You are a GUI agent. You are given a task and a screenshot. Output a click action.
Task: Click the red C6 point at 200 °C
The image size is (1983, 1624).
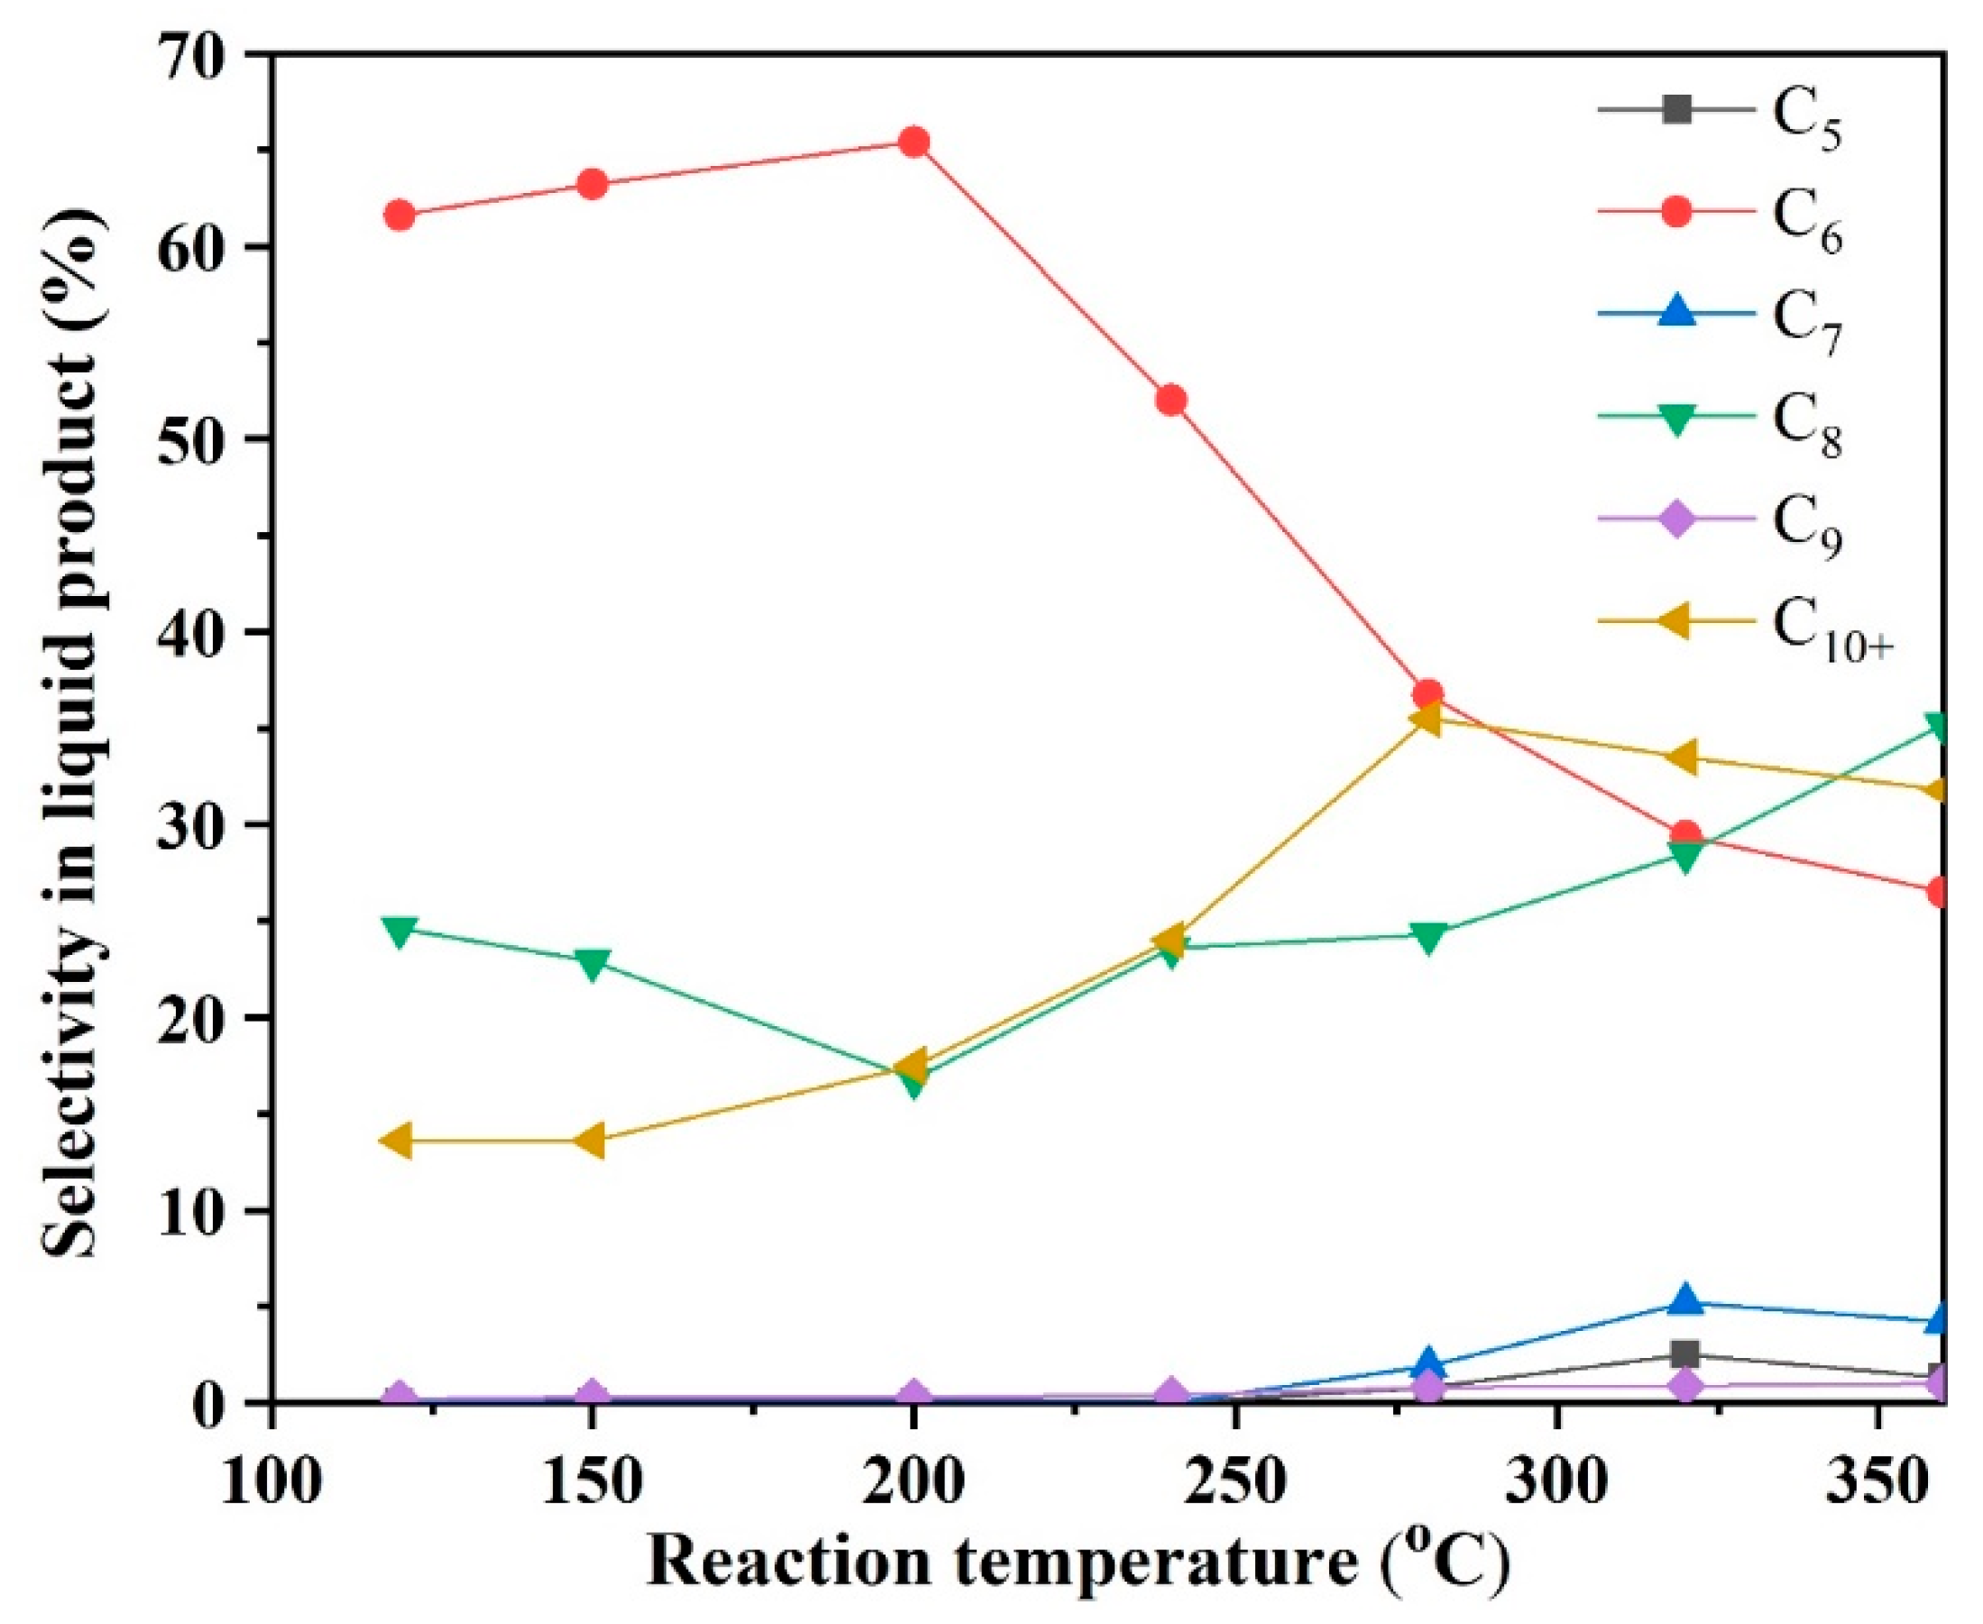913,142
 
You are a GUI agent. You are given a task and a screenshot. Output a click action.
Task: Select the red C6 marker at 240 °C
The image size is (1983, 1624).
1171,400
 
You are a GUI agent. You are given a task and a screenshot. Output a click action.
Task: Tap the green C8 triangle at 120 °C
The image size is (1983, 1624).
399,931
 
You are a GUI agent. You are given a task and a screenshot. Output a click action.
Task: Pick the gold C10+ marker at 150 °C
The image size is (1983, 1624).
592,1142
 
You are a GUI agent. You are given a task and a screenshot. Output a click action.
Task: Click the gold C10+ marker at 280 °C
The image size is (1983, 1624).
1426,720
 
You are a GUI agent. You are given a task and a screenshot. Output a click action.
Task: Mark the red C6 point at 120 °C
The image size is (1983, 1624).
399,216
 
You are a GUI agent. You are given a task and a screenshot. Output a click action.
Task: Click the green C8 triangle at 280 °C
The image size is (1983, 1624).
1428,936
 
